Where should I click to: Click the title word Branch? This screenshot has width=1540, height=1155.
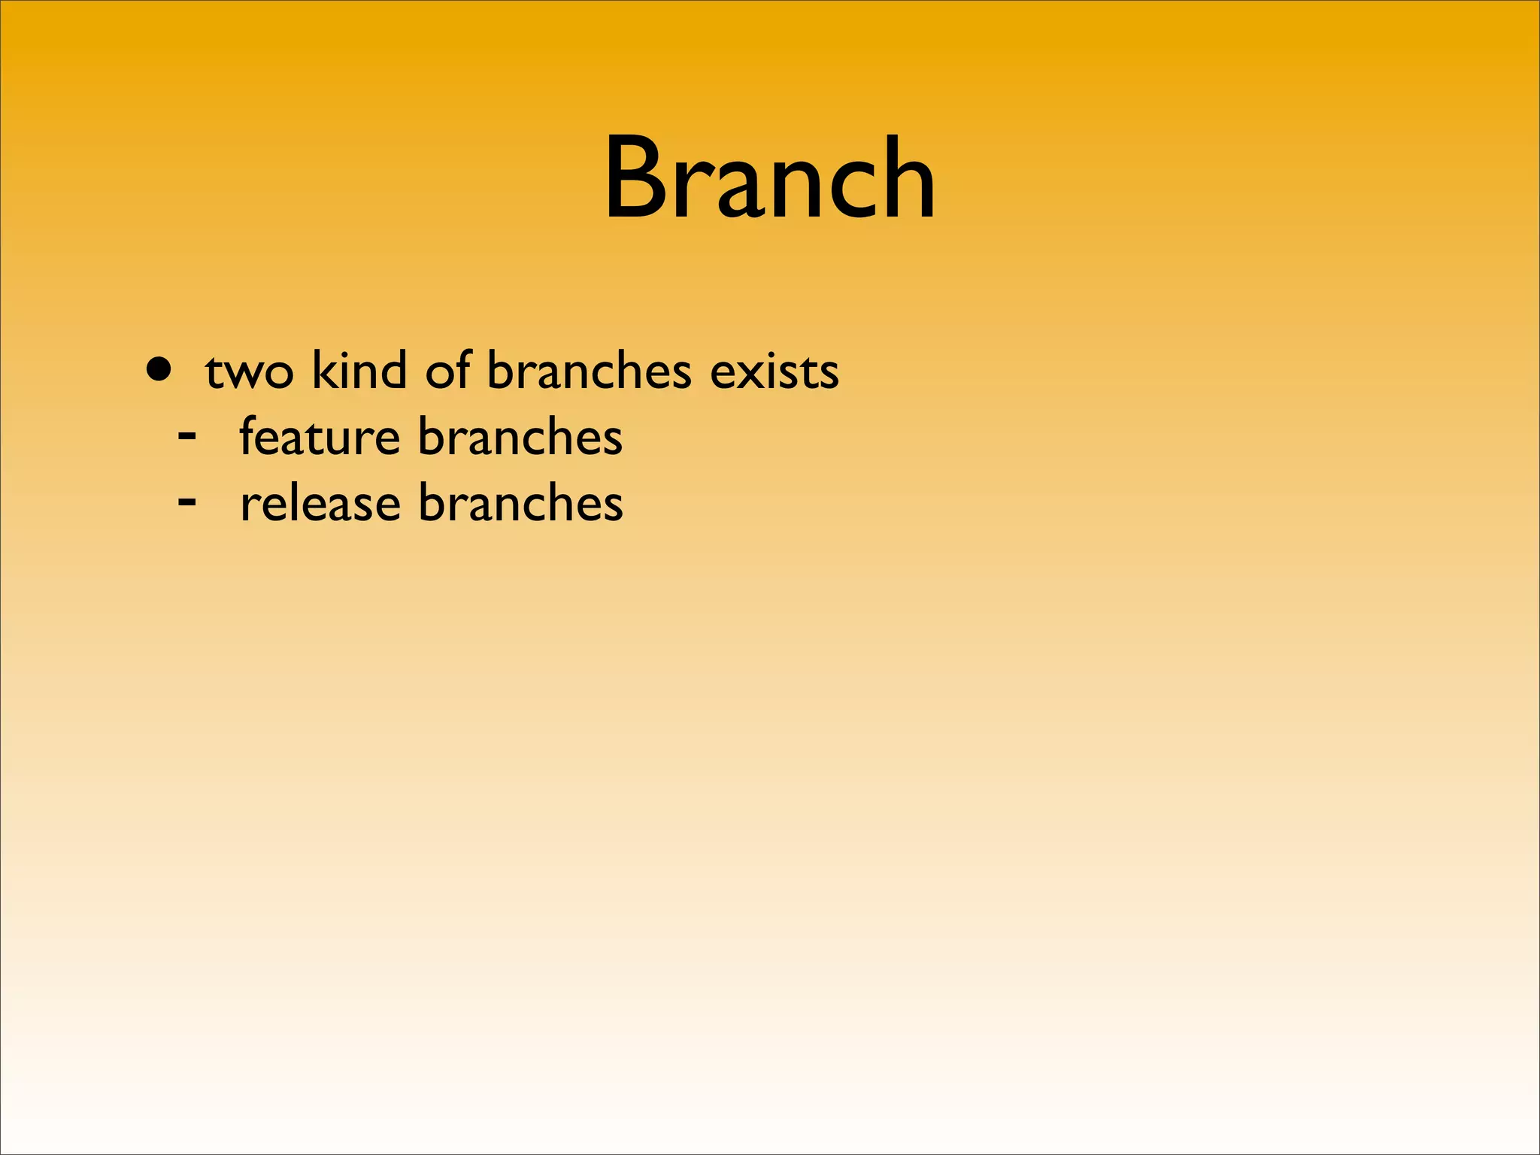[x=769, y=178]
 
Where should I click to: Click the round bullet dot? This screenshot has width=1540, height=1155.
[x=159, y=370]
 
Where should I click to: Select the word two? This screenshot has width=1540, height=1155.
[x=249, y=373]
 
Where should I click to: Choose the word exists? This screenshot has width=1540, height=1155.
[x=774, y=371]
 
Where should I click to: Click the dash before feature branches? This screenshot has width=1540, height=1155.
[x=187, y=434]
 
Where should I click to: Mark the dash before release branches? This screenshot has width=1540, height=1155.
[x=187, y=499]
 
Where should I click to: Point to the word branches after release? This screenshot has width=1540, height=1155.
[x=520, y=502]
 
